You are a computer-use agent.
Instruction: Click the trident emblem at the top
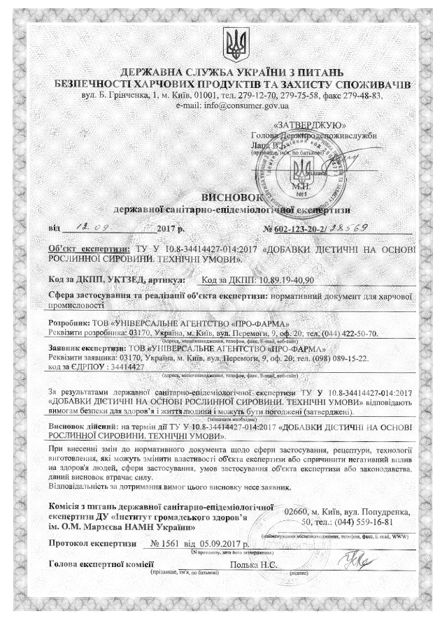point(234,43)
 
